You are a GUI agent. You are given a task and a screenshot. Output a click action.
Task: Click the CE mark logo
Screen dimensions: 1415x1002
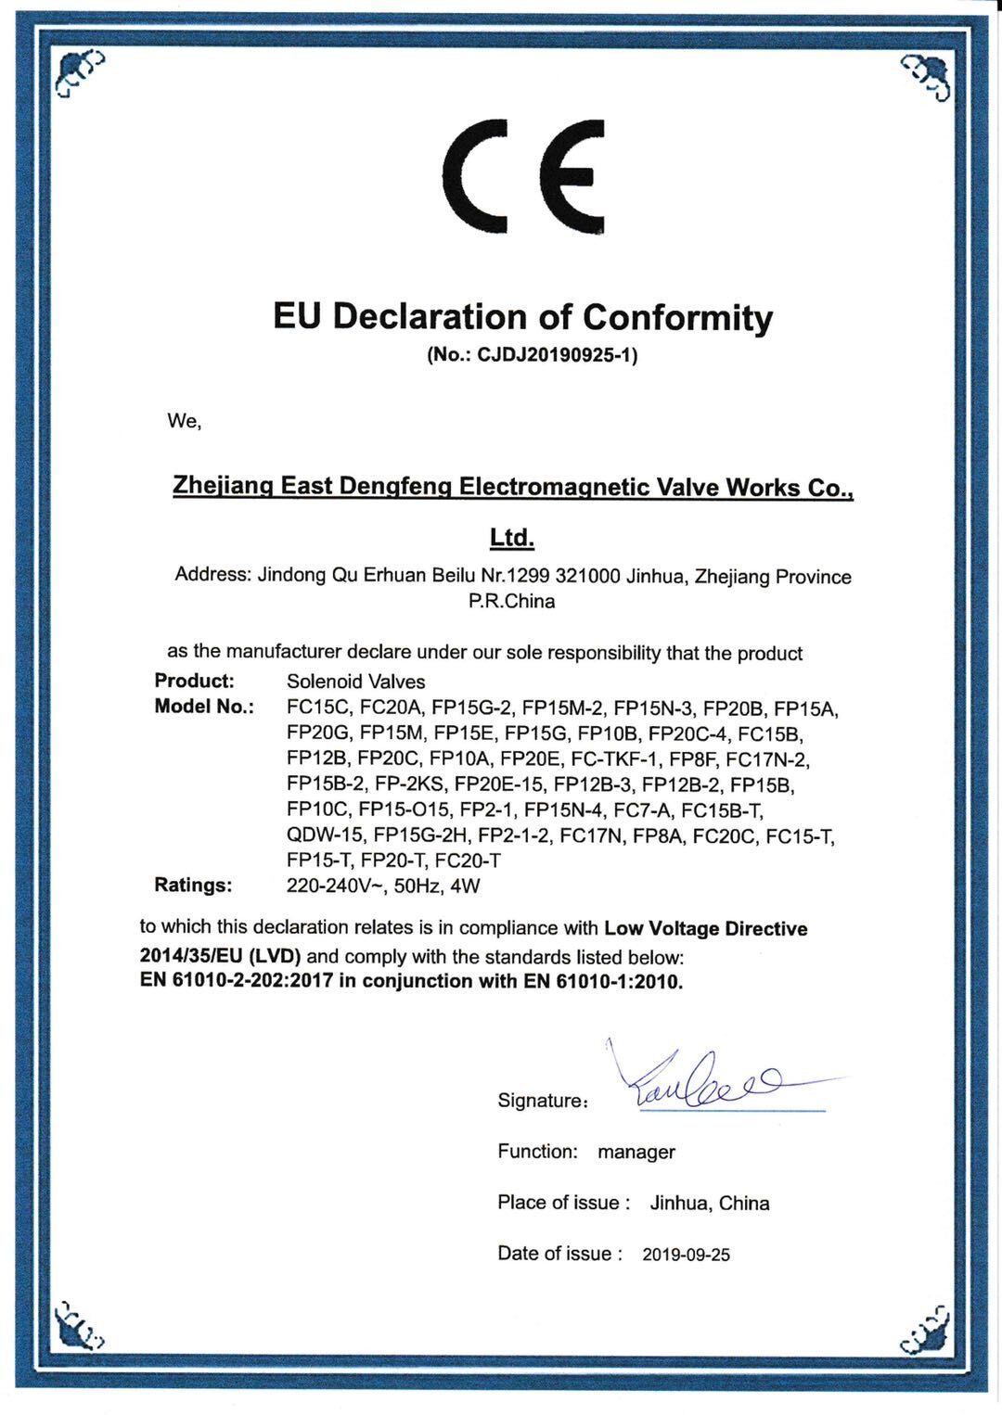coord(524,176)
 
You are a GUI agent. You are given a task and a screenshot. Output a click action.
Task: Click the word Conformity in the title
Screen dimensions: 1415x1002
coord(677,318)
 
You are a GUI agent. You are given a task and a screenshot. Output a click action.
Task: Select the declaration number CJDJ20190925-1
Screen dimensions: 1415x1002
coord(557,355)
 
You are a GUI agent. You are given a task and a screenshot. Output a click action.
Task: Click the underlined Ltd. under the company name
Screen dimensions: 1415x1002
coord(511,538)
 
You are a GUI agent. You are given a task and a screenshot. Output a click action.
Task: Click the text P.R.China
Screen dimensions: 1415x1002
coord(512,601)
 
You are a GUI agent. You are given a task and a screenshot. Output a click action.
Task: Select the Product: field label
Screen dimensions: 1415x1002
coord(194,681)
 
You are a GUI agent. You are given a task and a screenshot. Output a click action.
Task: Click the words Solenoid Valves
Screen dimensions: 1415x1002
coord(356,682)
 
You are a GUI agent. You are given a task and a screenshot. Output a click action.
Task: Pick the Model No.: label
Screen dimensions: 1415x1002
coord(204,707)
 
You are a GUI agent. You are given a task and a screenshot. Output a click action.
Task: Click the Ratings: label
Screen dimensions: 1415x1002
coord(193,886)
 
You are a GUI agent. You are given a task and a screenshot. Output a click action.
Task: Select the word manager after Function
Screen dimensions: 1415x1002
coord(636,1153)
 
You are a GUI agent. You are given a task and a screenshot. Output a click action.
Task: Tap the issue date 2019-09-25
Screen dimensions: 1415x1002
coord(686,1255)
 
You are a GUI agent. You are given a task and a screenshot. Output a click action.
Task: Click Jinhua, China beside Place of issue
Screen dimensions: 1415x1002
coord(710,1204)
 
